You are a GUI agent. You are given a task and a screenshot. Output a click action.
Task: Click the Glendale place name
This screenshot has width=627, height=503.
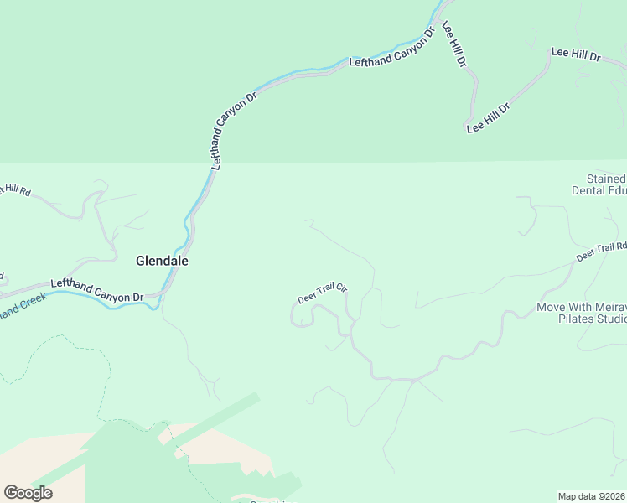click(x=162, y=261)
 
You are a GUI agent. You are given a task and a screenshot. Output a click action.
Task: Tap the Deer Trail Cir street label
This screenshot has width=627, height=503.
click(x=322, y=293)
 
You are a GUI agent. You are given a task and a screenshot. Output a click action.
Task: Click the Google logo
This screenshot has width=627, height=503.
click(x=28, y=492)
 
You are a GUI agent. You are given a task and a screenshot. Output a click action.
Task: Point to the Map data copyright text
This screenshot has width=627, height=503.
click(x=593, y=496)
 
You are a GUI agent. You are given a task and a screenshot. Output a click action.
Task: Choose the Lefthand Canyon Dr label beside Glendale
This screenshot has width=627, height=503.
click(x=97, y=291)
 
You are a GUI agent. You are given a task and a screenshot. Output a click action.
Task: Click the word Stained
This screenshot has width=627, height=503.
click(x=605, y=179)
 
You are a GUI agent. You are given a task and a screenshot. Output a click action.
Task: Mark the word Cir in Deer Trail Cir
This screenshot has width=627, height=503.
click(x=341, y=288)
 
